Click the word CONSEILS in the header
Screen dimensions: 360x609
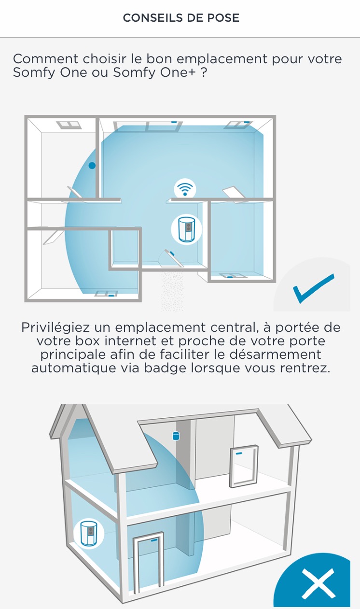tap(153, 18)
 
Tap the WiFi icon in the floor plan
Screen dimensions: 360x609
tap(185, 188)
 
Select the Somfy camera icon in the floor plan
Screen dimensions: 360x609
tap(186, 229)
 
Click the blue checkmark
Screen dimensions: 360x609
tap(314, 288)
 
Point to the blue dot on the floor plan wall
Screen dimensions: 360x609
tap(92, 165)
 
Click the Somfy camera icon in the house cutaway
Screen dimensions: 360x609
tap(89, 534)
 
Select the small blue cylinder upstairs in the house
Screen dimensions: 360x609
tap(176, 436)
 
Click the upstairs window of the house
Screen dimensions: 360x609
tap(244, 466)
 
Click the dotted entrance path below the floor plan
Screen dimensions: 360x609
tap(172, 290)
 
